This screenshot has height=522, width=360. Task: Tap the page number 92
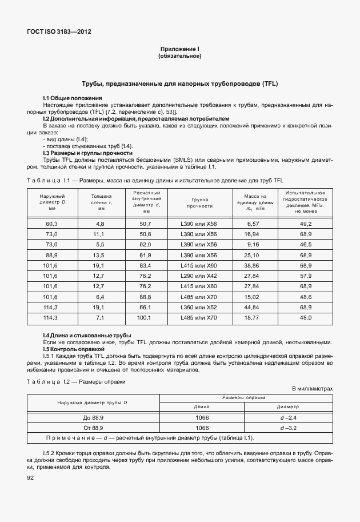coord(30,478)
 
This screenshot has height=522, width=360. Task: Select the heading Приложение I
coord(179,49)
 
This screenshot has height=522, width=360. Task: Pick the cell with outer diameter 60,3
coord(51,224)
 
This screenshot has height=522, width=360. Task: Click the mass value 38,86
coord(251,265)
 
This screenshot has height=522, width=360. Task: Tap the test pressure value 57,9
coord(305,276)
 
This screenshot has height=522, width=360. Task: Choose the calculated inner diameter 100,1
coord(145,317)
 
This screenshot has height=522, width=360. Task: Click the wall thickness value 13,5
coord(99,255)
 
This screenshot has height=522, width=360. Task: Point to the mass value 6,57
coord(252,224)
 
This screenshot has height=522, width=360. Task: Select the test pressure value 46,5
coord(305,245)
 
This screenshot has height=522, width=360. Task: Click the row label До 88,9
coord(93,417)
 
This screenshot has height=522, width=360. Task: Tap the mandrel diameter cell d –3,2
coord(287,428)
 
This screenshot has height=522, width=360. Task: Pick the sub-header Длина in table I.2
coord(202,407)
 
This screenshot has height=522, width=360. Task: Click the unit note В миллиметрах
coord(312,389)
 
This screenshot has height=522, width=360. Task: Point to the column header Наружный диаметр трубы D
coord(93,402)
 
